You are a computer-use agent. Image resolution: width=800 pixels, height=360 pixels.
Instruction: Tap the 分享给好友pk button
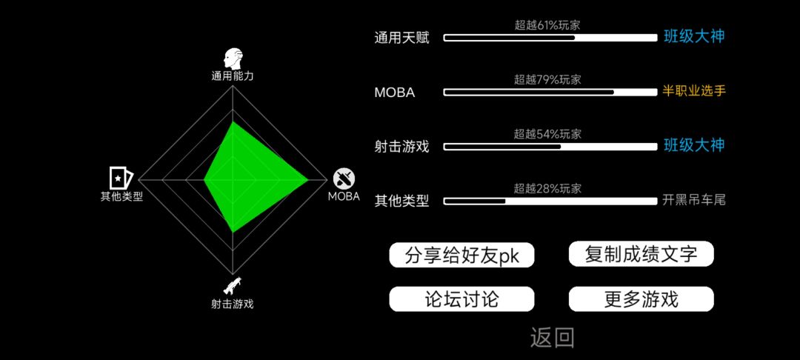coord(461,255)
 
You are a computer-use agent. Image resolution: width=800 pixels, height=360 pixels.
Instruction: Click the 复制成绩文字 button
coord(641,254)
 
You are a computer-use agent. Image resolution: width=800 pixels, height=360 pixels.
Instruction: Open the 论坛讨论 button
coord(461,299)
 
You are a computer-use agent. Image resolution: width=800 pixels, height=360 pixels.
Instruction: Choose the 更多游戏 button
coord(641,299)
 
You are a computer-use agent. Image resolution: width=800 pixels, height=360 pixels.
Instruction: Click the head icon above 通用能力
coord(233,59)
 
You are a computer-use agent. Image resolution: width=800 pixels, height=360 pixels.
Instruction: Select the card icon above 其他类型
coord(121,178)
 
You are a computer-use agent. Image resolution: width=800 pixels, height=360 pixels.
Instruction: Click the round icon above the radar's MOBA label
coord(344,179)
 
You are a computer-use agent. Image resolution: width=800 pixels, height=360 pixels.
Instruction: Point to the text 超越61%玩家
coord(547,25)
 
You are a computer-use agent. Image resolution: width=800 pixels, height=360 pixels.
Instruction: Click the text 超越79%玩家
coord(547,79)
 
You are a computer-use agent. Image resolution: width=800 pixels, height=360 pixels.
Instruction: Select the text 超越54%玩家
coord(547,134)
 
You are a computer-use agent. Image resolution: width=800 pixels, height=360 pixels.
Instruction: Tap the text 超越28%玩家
coord(547,189)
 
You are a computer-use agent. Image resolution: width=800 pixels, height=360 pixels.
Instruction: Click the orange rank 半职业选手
coord(694,92)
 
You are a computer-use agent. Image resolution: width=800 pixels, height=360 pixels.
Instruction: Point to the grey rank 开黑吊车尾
coord(694,201)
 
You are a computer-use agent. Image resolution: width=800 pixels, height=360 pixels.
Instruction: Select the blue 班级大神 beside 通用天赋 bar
coord(694,37)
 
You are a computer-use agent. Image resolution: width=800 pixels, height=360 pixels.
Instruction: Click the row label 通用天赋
coord(401,38)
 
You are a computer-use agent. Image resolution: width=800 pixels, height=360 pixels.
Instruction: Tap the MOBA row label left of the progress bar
coord(394,93)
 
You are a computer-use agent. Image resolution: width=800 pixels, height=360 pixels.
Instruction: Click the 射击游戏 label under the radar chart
coord(232,304)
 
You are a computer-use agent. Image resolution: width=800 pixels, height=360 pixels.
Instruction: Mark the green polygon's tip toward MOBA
coord(308,179)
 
